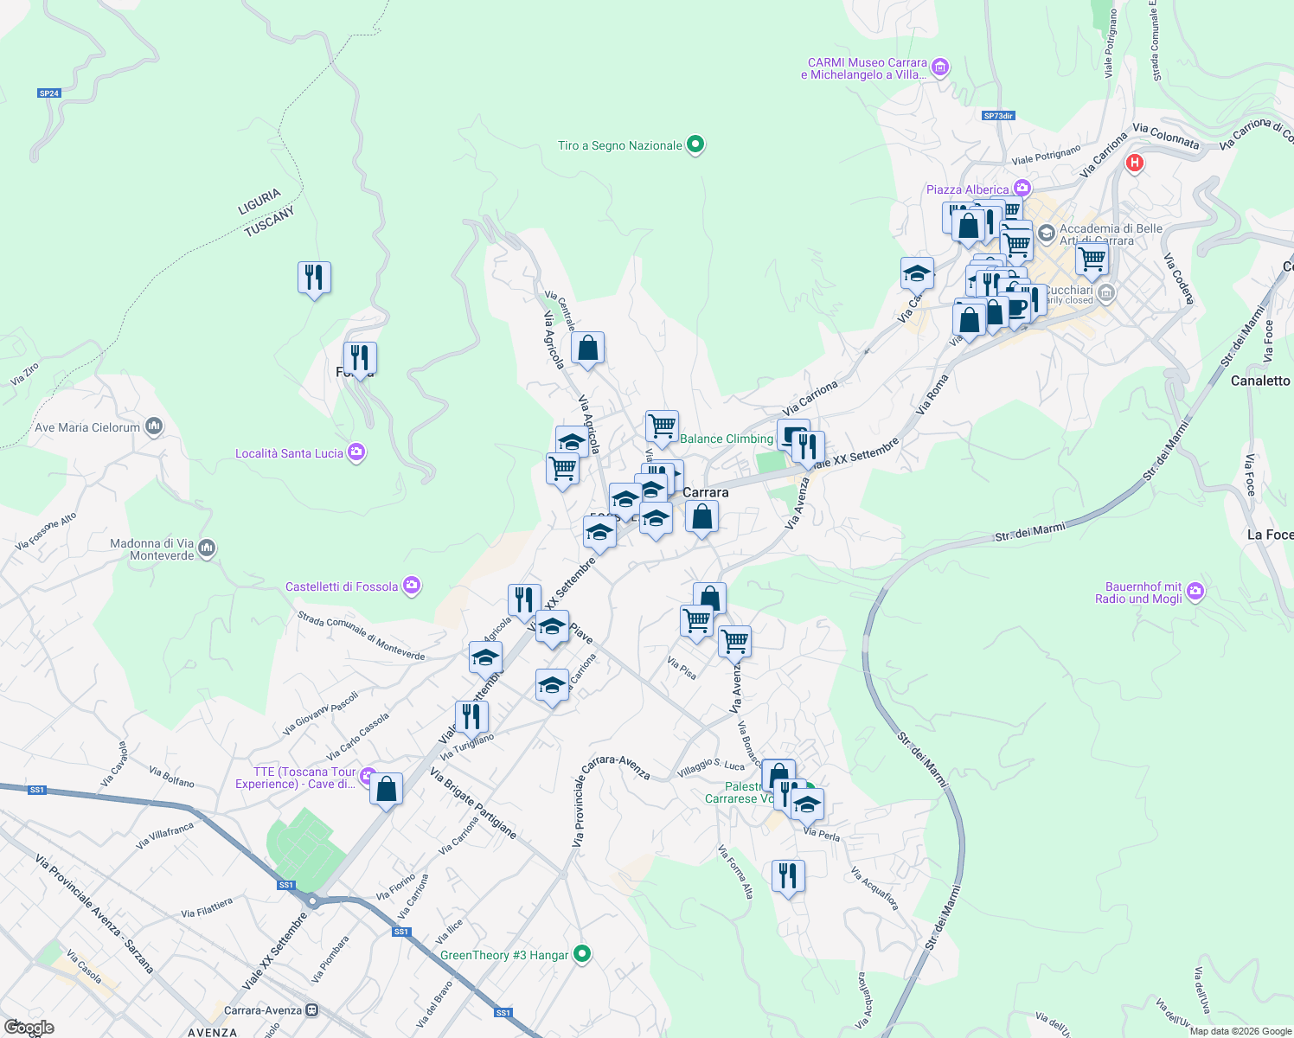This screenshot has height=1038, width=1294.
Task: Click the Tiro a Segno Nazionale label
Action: tap(619, 145)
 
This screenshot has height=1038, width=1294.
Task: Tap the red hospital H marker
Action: tap(1135, 163)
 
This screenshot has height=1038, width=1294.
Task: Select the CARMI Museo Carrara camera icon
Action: tap(941, 67)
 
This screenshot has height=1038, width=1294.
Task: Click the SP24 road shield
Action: tap(49, 93)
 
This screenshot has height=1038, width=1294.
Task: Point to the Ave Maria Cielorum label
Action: tap(86, 427)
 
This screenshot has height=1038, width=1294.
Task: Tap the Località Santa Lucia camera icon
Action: tap(356, 452)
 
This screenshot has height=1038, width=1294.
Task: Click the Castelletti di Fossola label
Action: tap(342, 586)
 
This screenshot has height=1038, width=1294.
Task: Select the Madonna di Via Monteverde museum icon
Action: tap(207, 548)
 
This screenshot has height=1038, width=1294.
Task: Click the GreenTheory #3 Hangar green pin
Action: tap(582, 954)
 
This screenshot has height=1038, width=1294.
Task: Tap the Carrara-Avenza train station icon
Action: tap(311, 1010)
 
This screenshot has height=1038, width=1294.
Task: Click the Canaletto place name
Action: tap(1259, 381)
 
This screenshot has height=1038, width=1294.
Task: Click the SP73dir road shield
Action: tap(998, 116)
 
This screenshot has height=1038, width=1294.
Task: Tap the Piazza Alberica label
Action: tap(967, 189)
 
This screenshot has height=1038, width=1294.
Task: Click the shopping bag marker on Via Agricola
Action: tap(587, 349)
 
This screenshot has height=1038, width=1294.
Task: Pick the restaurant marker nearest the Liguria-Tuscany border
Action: tap(314, 278)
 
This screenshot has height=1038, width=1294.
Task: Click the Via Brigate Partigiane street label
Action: tap(473, 803)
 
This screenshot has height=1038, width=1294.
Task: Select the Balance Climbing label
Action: tap(726, 439)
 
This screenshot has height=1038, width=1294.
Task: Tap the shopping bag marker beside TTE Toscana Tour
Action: tap(386, 789)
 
